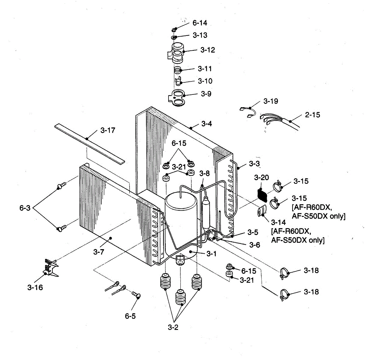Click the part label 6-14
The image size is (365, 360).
(200, 23)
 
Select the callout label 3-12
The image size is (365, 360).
(207, 50)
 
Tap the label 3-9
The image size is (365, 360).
(206, 94)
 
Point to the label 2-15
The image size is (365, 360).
(312, 115)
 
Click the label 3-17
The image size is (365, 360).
(108, 131)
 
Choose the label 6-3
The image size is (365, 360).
(25, 208)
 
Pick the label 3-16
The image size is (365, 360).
(35, 287)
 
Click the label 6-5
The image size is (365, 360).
(130, 316)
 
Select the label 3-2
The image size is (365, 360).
(173, 327)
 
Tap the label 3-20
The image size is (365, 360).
(261, 177)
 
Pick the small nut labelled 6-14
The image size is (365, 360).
(175, 29)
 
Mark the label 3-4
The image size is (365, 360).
(207, 124)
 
